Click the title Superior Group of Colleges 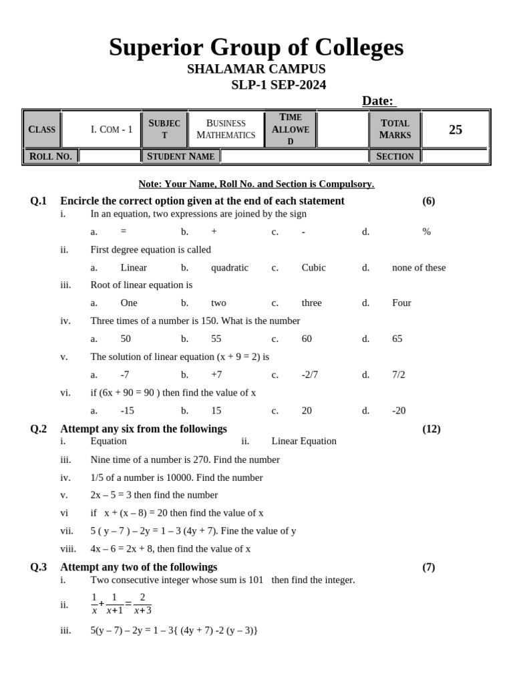[x=256, y=47]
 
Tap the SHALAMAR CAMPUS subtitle [x=256, y=69]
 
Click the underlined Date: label [x=379, y=101]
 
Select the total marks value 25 [x=456, y=130]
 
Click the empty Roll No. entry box [x=110, y=156]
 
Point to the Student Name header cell [x=180, y=156]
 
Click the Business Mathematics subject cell [x=226, y=129]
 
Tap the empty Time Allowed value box [x=343, y=129]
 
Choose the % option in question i [x=426, y=232]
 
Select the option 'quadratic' [x=229, y=268]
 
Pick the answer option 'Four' [x=401, y=303]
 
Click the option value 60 [x=307, y=339]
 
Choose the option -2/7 [x=309, y=375]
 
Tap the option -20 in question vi [x=399, y=411]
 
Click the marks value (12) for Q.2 [x=431, y=429]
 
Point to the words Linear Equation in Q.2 [x=304, y=442]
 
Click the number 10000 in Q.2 [x=163, y=478]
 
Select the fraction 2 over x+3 [x=142, y=603]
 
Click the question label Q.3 [x=38, y=567]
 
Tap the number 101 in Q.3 [x=256, y=580]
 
